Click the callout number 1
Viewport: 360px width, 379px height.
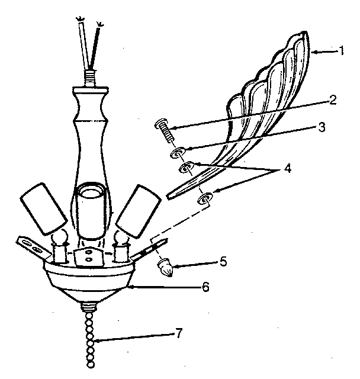tap(341, 51)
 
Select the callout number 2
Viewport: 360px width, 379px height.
tap(333, 100)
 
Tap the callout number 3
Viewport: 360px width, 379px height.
tap(322, 127)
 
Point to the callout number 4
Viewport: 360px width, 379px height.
tap(287, 168)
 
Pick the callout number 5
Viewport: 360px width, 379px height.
tap(223, 262)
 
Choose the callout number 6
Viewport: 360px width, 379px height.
tap(205, 287)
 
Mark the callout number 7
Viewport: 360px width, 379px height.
tap(178, 333)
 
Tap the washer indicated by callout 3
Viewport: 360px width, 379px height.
tap(178, 153)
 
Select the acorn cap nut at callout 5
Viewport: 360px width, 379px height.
tap(165, 267)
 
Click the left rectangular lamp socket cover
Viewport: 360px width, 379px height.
tap(43, 209)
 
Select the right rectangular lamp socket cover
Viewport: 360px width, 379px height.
tap(139, 211)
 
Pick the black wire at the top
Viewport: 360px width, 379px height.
tap(95, 46)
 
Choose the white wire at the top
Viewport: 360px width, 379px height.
tap(84, 43)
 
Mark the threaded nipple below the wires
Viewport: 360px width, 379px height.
tap(89, 78)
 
